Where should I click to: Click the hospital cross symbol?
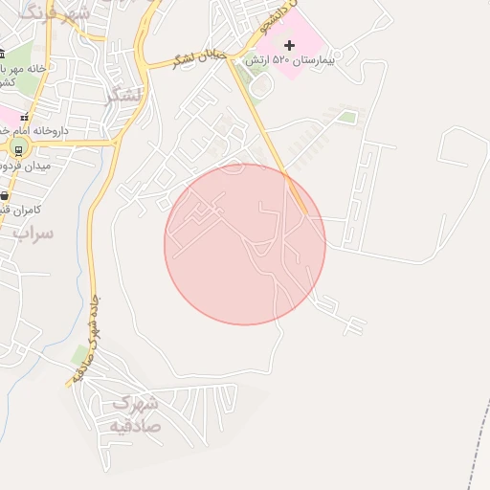pyautogui.click(x=290, y=45)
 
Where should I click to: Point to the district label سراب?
pyautogui.click(x=33, y=233)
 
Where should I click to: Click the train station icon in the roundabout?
pyautogui.click(x=18, y=149)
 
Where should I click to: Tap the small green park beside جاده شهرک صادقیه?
pyautogui.click(x=79, y=356)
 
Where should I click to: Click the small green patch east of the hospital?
pyautogui.click(x=348, y=117)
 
